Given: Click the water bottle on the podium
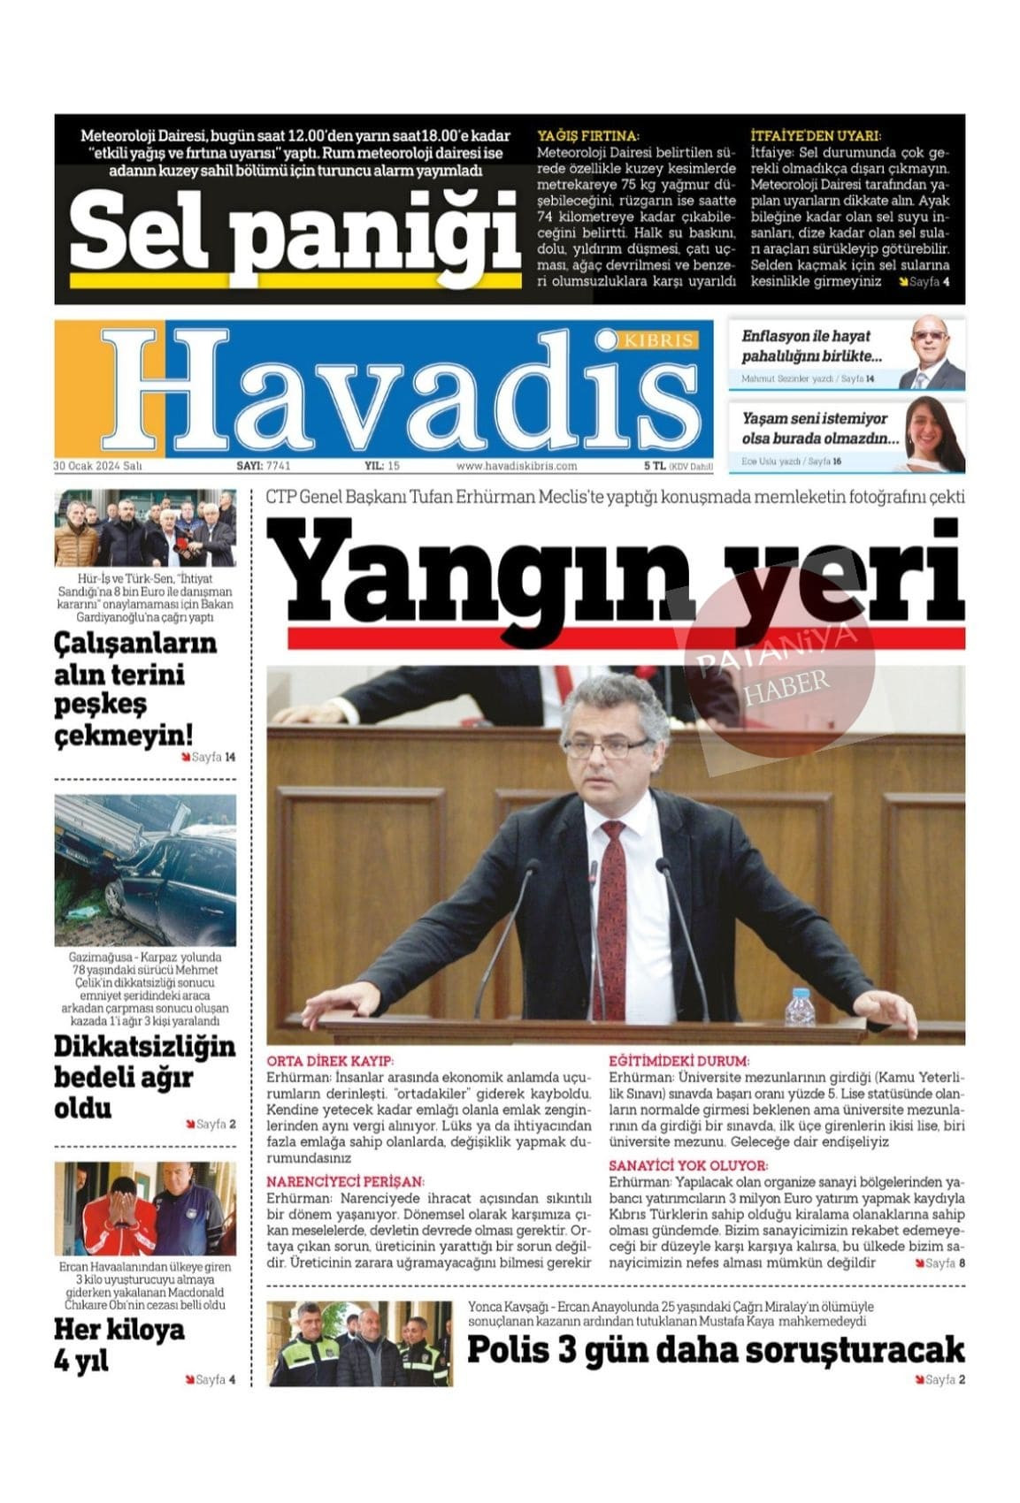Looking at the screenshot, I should click(800, 1007).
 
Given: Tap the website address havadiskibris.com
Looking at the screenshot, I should click(517, 466).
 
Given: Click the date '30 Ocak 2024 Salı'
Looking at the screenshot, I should click(97, 466).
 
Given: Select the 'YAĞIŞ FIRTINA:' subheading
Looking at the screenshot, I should click(587, 136).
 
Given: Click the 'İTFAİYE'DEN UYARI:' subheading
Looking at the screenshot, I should click(815, 136).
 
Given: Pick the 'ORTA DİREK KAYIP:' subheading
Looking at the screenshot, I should click(330, 1061).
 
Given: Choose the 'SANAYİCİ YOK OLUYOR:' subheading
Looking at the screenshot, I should click(688, 1166).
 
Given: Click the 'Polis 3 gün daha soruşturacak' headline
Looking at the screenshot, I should click(715, 1350).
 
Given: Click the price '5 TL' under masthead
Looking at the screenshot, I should click(654, 466).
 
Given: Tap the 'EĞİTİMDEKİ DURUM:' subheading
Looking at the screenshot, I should click(679, 1061).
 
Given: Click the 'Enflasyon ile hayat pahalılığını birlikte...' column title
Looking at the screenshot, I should click(811, 347).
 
